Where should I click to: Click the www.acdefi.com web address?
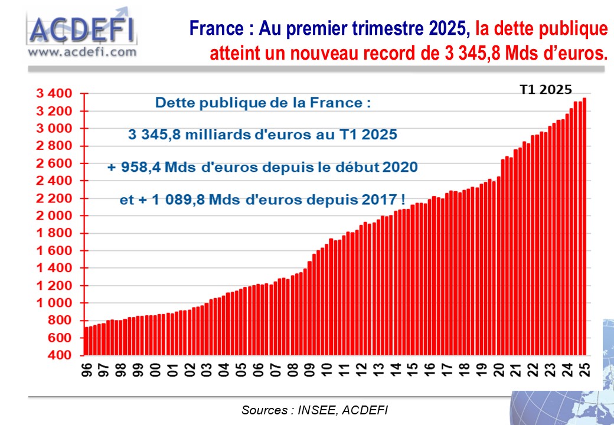pyautogui.click(x=81, y=52)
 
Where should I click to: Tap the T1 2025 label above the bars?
pyautogui.click(x=546, y=89)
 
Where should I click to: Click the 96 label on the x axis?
pyautogui.click(x=87, y=370)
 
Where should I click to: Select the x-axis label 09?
pyautogui.click(x=310, y=370)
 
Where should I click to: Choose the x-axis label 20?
pyautogui.click(x=499, y=370)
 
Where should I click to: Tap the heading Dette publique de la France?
pyautogui.click(x=263, y=103)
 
